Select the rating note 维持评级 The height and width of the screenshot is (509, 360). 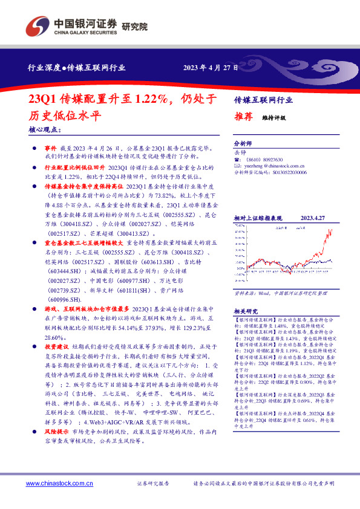click(x=273, y=118)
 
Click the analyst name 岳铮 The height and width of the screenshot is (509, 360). click(x=240, y=152)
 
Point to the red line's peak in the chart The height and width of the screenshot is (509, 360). click(x=331, y=230)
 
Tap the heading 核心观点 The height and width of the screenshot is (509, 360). click(x=44, y=129)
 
